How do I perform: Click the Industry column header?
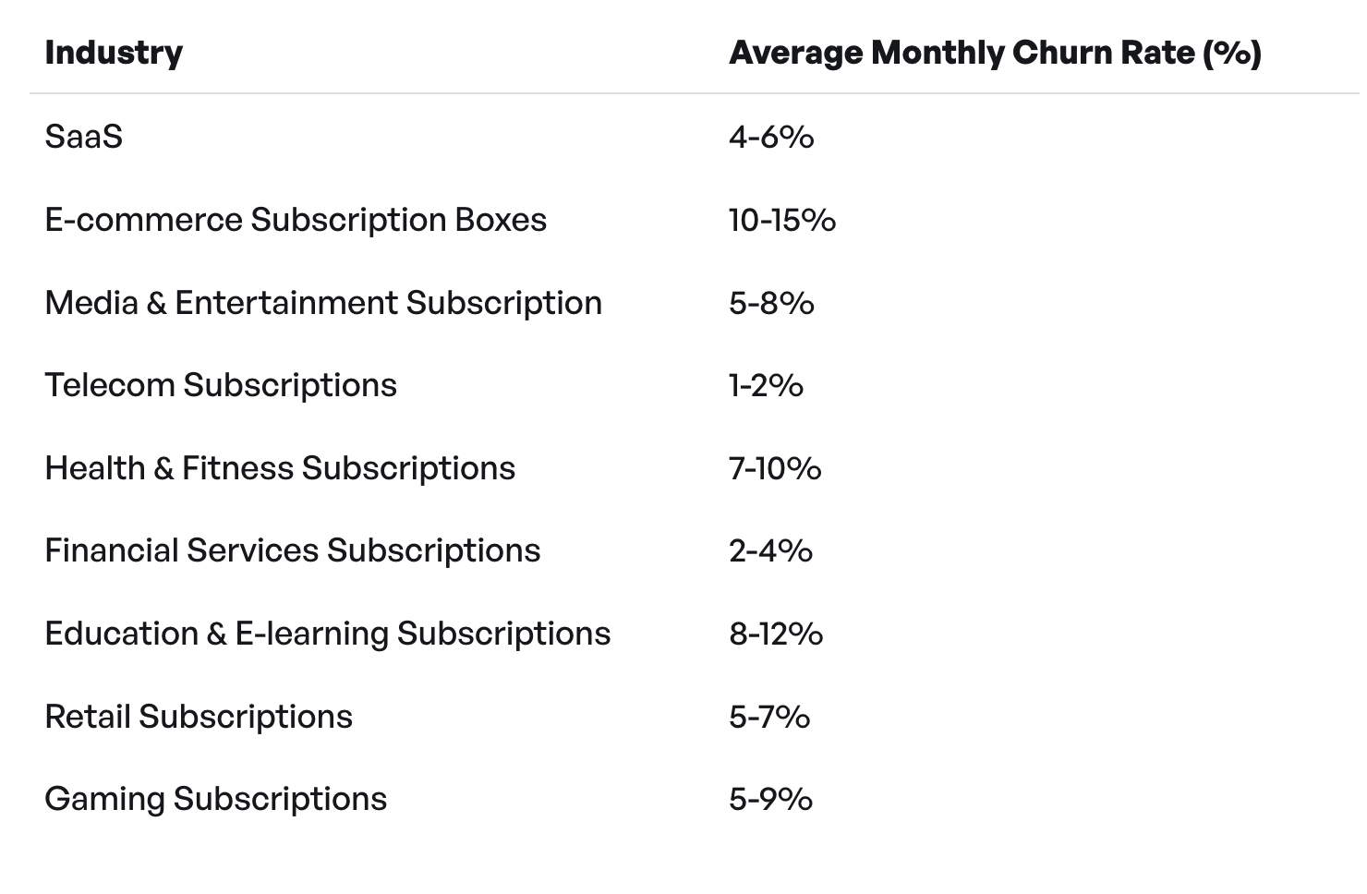(114, 53)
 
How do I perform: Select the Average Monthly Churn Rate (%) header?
(995, 53)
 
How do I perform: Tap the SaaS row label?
(83, 137)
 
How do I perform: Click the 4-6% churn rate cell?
(771, 137)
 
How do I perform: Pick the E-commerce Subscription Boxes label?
(296, 220)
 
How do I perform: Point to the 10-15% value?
(782, 220)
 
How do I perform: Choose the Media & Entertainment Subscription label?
(323, 303)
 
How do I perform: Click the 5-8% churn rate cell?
(771, 303)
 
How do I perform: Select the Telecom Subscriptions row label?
(221, 385)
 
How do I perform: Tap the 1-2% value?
(766, 385)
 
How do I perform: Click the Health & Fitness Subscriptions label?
(280, 468)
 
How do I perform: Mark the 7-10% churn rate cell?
(775, 468)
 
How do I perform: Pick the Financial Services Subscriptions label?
(293, 550)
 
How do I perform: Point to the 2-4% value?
(770, 550)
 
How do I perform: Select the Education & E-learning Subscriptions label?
(328, 634)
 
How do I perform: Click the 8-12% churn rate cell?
(776, 634)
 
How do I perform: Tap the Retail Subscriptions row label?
(199, 717)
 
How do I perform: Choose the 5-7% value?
(769, 717)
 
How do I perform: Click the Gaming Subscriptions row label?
(216, 799)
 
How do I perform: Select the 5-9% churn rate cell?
(770, 799)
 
